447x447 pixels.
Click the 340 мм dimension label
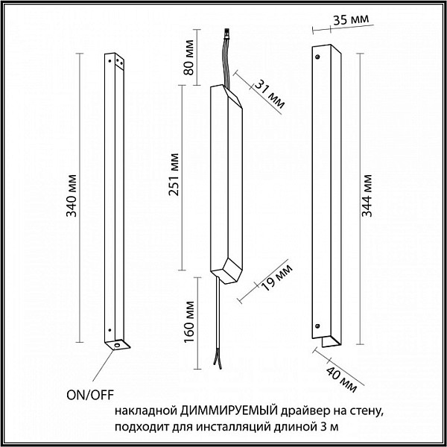point(72,195)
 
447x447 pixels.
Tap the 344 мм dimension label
point(367,195)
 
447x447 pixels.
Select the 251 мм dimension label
point(174,174)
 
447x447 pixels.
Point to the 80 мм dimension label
point(188,57)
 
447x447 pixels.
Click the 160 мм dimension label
point(189,322)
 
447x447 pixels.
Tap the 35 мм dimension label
point(351,19)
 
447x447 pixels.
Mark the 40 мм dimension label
point(341,379)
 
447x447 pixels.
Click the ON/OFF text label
point(90,395)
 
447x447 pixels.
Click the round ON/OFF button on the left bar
point(117,346)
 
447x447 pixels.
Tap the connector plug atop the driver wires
point(227,33)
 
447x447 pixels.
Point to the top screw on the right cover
point(317,57)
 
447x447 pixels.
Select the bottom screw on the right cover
point(317,326)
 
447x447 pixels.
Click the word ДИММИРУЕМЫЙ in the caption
point(229,411)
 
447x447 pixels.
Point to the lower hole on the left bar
point(110,330)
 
